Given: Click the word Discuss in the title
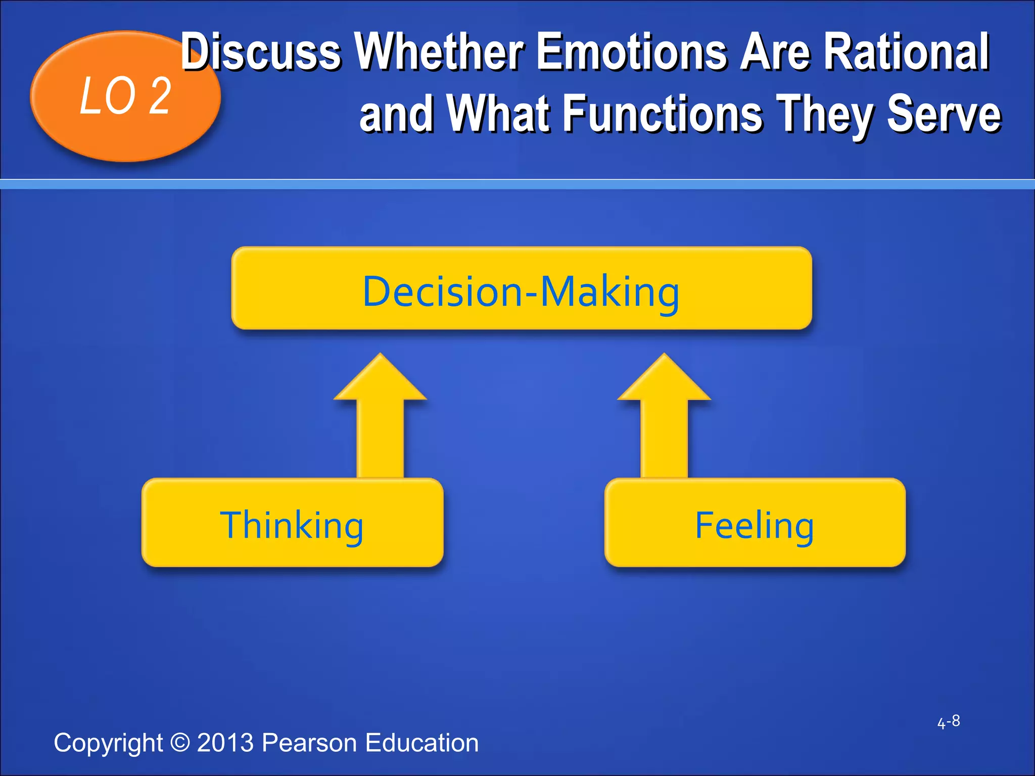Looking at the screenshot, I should tap(261, 52).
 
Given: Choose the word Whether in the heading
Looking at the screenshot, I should tap(439, 52).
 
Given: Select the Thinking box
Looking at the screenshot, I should tap(292, 523).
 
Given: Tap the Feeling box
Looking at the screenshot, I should tap(755, 523).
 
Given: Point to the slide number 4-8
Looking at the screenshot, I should tap(948, 721).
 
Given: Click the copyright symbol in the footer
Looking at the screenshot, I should tap(179, 743).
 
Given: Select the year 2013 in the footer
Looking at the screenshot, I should tap(225, 743).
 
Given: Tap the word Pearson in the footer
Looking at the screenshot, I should tap(309, 743).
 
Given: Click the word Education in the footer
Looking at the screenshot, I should tap(421, 743).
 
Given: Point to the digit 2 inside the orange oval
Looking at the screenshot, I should tap(161, 96).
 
